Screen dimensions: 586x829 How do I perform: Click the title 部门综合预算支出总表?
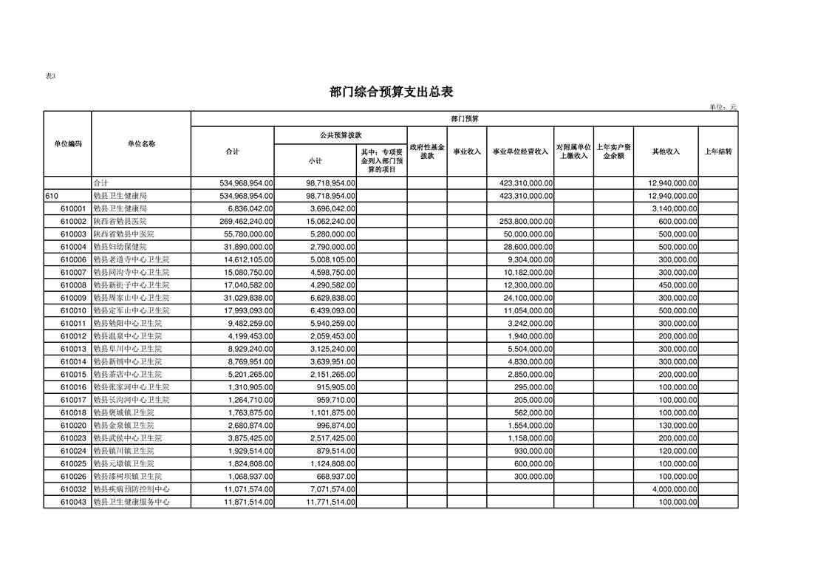coord(391,92)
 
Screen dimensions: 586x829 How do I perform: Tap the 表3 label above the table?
coord(50,76)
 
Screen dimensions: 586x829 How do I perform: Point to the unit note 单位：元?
coord(723,107)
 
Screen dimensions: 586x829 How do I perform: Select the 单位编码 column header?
coord(67,143)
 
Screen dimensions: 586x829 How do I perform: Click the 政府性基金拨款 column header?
coord(426,151)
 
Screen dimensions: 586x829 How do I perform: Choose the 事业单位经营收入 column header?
coord(520,151)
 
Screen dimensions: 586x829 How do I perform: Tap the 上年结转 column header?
coord(717,151)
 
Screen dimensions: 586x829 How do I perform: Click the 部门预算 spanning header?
coord(465,118)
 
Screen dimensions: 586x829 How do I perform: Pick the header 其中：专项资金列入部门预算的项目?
coord(381,160)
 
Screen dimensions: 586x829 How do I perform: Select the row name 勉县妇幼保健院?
coord(120,247)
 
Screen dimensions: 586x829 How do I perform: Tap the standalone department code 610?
coord(52,196)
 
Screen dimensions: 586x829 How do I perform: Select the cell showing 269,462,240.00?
coord(237,221)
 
